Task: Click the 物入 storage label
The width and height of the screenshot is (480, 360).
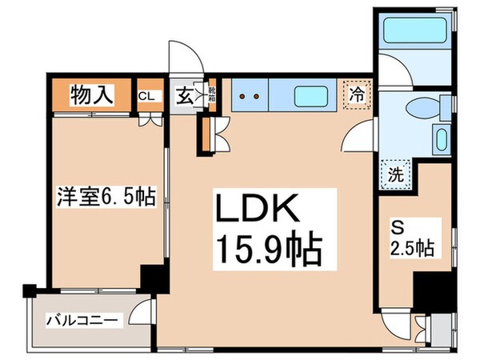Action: (90, 96)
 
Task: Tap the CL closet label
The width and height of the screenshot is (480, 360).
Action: (147, 96)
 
